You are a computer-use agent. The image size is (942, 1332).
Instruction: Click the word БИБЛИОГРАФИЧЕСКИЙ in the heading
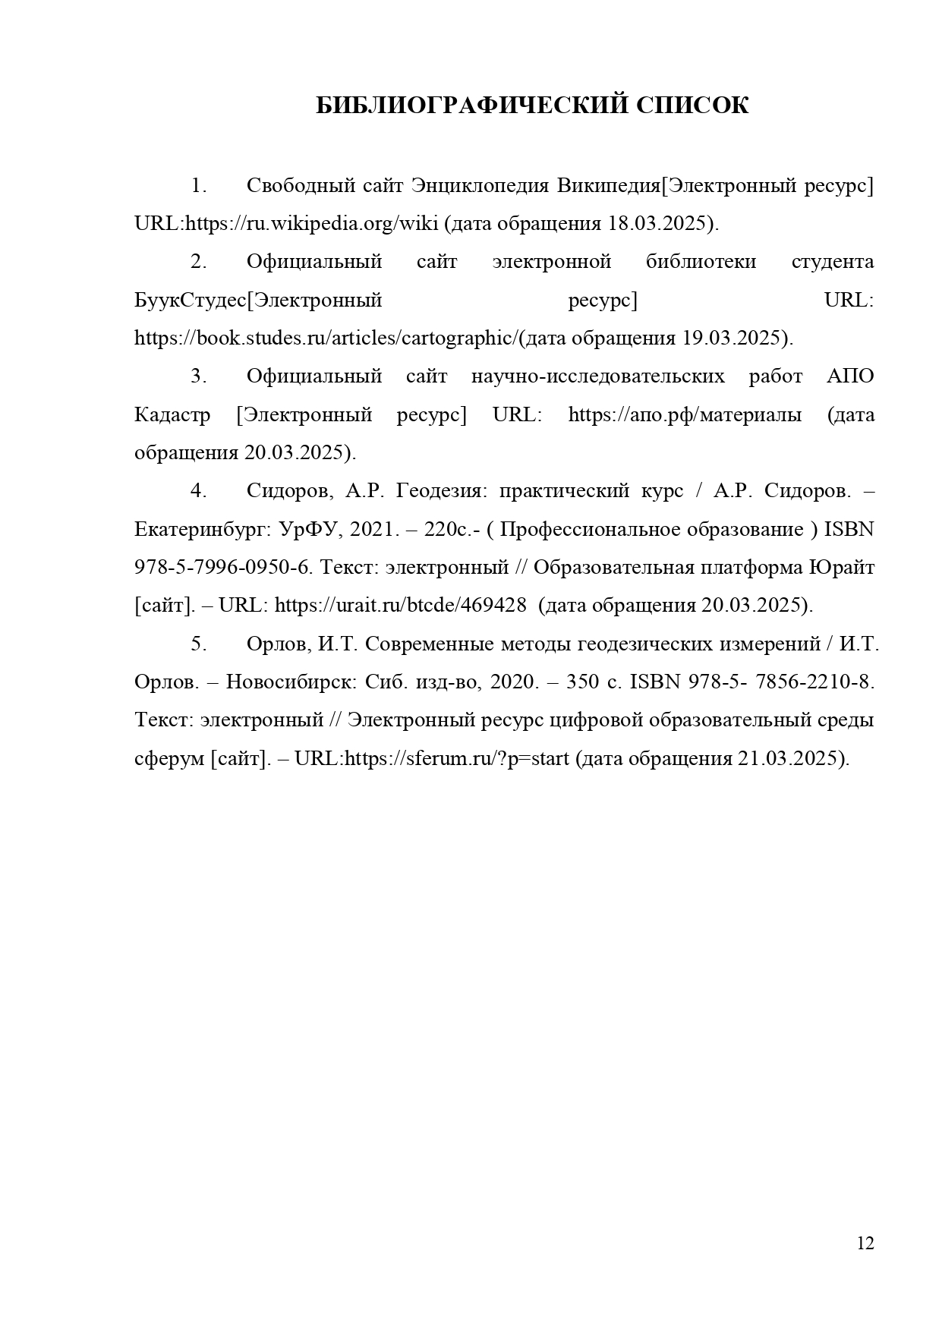471,105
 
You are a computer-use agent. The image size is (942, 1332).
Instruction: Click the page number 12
865,1243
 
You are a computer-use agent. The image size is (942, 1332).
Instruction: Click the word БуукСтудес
191,301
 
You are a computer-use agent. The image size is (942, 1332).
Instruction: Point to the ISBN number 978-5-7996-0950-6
223,568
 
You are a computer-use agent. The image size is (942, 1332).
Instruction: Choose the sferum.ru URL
457,758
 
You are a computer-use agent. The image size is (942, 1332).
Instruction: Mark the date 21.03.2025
789,758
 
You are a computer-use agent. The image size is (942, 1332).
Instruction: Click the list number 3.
198,376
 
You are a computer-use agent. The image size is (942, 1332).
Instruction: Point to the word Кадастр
172,415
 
